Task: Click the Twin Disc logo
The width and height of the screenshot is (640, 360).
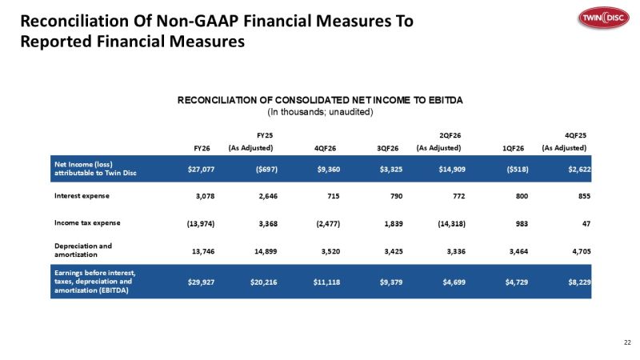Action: [604, 18]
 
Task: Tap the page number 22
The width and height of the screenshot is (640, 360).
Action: [627, 342]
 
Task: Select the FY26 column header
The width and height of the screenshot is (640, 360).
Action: [202, 148]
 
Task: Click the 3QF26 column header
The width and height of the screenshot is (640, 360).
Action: [387, 148]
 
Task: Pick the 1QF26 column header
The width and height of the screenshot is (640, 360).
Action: [513, 148]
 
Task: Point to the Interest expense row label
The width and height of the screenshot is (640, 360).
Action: [82, 196]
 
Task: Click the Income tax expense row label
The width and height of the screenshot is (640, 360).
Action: [87, 223]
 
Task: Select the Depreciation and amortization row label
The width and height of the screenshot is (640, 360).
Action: [83, 250]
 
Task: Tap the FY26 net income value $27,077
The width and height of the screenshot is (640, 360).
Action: [201, 170]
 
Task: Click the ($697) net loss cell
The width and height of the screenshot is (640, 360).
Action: [266, 170]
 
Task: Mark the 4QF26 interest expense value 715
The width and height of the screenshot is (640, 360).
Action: [333, 196]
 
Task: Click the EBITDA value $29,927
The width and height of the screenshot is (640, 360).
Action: [201, 282]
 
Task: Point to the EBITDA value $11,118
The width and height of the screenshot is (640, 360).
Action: [326, 282]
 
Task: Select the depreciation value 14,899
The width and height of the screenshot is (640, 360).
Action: [266, 251]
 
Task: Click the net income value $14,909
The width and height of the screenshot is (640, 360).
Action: [452, 170]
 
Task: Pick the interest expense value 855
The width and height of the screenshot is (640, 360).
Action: [584, 196]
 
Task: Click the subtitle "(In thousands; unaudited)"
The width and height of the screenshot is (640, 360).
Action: [320, 112]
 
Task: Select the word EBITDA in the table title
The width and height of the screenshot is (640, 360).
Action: [446, 101]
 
